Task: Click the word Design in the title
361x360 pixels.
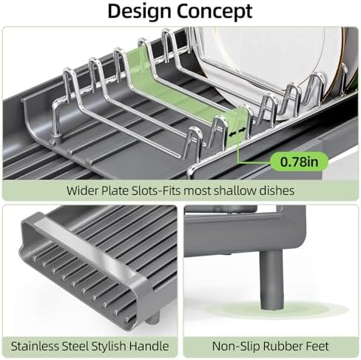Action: pyautogui.click(x=139, y=11)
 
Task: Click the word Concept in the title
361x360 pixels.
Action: pyautogui.click(x=215, y=12)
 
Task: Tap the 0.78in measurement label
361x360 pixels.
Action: pyautogui.click(x=300, y=162)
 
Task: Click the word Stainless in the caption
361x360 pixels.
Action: pyautogui.click(x=36, y=346)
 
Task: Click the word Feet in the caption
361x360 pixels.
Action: pyautogui.click(x=317, y=346)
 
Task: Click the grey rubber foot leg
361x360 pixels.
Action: pyautogui.click(x=271, y=280)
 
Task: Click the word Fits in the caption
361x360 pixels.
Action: pyautogui.click(x=172, y=190)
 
